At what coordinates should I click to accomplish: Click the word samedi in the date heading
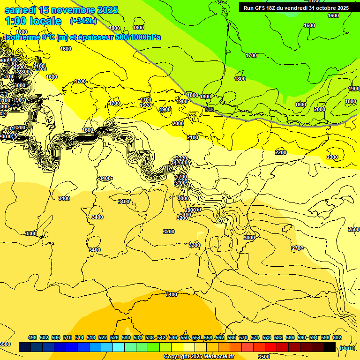tap(20, 10)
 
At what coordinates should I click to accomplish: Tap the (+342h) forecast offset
tap(83, 21)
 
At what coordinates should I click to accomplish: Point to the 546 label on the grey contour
tap(210, 110)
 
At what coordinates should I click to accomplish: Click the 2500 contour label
tap(354, 229)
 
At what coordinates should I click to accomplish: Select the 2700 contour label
tap(297, 248)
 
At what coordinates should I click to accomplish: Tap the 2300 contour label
tap(332, 157)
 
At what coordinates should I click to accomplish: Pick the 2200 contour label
tap(280, 152)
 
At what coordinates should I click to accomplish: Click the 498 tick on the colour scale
tap(32, 338)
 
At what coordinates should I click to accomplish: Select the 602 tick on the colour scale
tap(337, 338)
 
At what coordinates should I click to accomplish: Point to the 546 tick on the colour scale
tap(173, 338)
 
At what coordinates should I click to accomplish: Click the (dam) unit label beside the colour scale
tap(347, 347)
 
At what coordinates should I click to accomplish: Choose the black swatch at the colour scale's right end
tap(330, 347)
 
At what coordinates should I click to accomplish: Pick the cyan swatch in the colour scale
tap(119, 347)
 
